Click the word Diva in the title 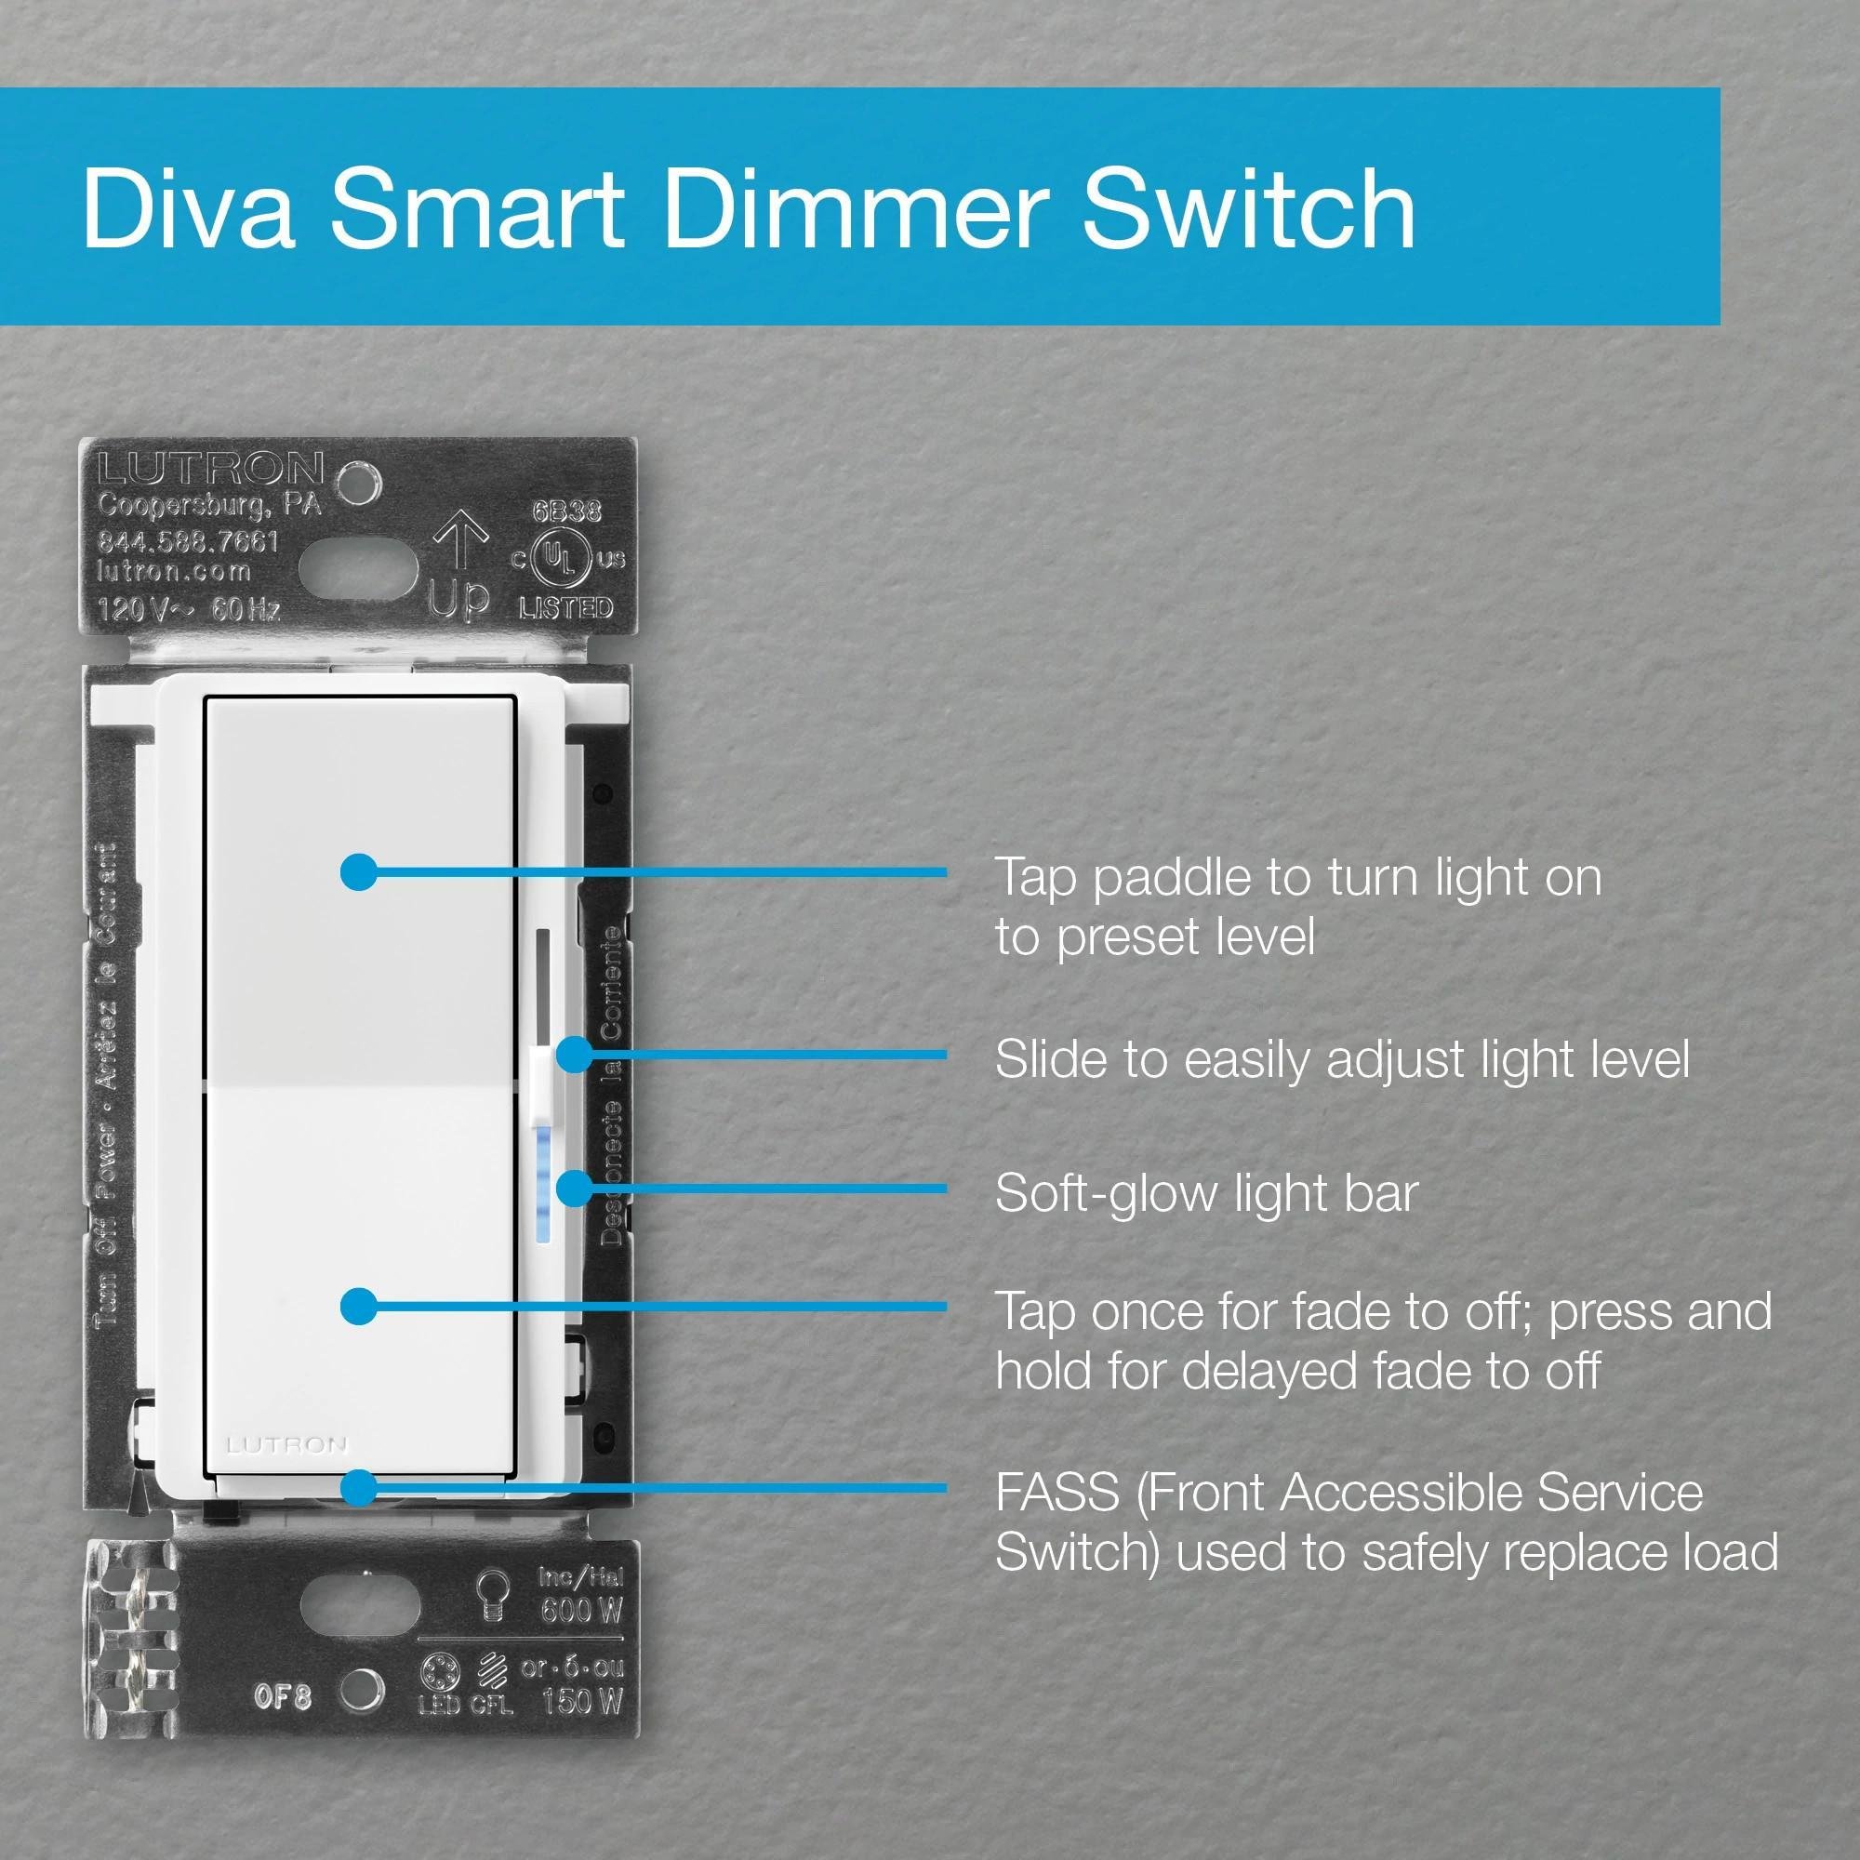[189, 207]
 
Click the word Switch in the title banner [1249, 207]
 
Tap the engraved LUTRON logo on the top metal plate [211, 470]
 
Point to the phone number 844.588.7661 [189, 541]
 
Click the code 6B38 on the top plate [567, 511]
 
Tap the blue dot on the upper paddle [359, 872]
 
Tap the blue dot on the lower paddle [359, 1307]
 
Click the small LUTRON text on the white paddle [286, 1444]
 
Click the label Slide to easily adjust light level [1341, 1059]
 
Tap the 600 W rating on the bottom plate [580, 1609]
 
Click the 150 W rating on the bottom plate [580, 1702]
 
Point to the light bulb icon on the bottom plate [494, 1593]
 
